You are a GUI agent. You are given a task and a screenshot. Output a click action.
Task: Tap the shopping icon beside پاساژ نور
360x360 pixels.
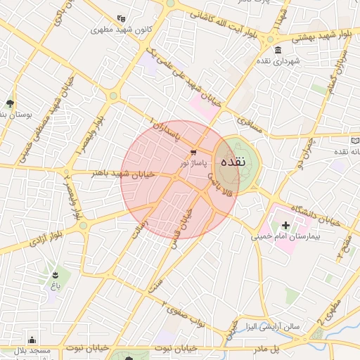tap(193, 152)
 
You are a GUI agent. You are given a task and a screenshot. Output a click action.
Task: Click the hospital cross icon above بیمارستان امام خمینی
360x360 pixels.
tap(285, 225)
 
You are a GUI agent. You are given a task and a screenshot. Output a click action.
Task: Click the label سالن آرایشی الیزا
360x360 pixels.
tap(271, 327)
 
